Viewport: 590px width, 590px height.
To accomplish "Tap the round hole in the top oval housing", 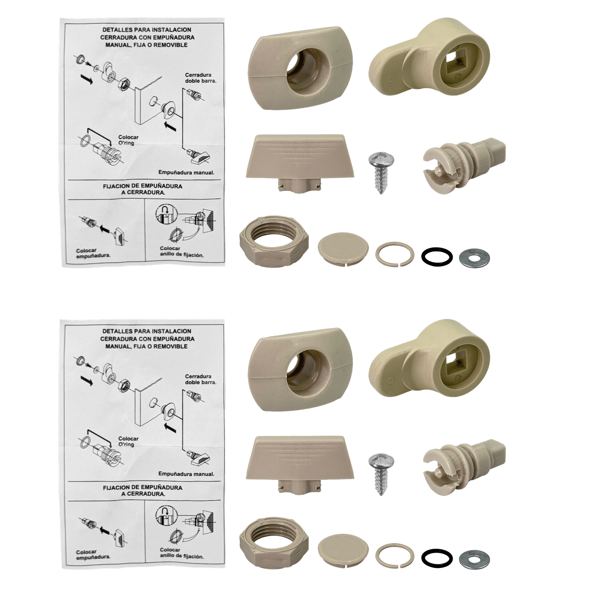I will point(303,71).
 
